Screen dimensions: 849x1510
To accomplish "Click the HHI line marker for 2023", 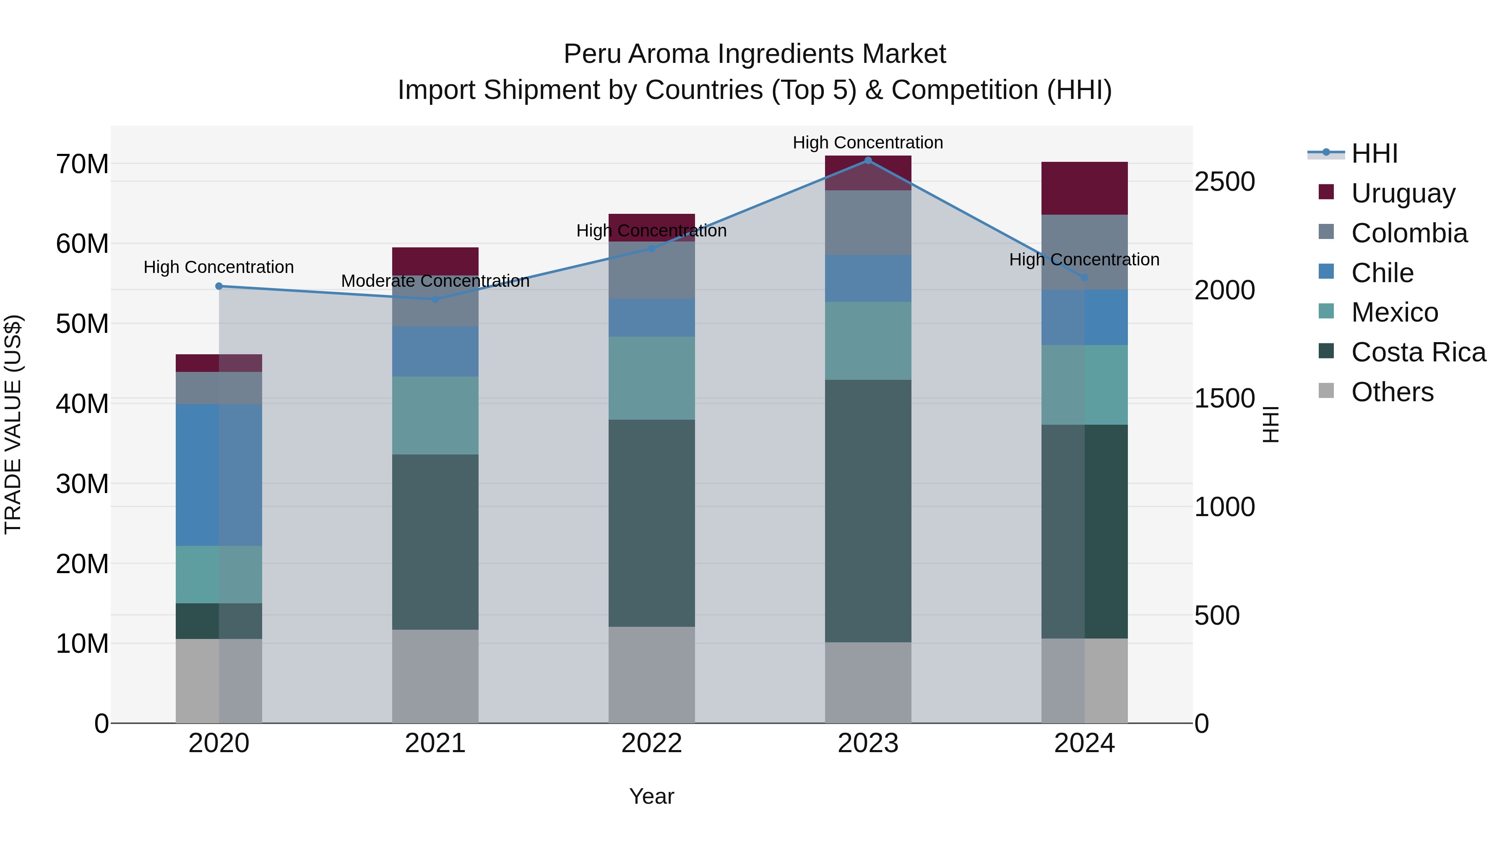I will click(868, 161).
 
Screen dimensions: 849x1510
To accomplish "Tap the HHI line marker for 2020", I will click(219, 286).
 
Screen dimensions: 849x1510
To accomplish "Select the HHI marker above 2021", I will click(435, 299).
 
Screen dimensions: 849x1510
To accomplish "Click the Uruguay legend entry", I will click(1403, 193).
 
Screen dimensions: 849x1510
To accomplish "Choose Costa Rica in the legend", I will click(1418, 352).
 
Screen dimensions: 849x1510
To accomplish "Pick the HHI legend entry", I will click(1374, 153).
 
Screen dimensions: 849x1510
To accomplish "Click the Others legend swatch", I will click(1326, 391).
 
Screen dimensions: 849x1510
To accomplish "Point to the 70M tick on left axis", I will click(82, 164).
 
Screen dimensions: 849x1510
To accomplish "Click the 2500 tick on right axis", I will click(1224, 182).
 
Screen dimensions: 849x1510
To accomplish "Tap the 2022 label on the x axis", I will click(651, 743).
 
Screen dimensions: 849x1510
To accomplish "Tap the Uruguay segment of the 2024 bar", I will click(1084, 188).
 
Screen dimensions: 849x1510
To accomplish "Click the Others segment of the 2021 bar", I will click(435, 676).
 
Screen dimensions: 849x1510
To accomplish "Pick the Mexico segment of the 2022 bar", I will click(651, 378).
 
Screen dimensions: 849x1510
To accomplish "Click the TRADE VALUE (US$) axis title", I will click(13, 424).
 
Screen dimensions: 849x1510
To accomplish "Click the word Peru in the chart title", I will click(592, 54).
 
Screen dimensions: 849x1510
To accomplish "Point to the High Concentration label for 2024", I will click(1084, 260).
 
